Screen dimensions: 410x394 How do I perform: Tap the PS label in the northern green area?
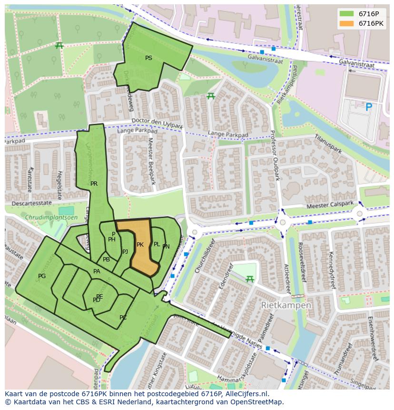pos(148,58)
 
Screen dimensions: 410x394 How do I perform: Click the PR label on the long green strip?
pos(94,183)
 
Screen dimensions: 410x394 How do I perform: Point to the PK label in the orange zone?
pos(140,245)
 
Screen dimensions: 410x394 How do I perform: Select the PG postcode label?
pos(42,276)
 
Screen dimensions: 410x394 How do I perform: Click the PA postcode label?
pos(97,271)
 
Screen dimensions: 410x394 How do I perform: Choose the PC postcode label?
pos(123,318)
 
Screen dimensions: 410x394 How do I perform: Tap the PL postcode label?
pos(157,244)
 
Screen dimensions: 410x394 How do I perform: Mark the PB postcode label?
pos(106,260)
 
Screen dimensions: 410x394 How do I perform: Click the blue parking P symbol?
pos(368,108)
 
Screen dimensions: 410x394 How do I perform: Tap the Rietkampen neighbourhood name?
pos(286,305)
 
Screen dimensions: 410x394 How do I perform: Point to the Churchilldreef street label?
pos(205,256)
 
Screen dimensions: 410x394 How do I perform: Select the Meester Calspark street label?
pos(330,205)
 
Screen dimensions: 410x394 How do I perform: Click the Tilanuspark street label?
pos(328,143)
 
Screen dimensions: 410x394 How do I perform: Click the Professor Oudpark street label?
pos(275,156)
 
